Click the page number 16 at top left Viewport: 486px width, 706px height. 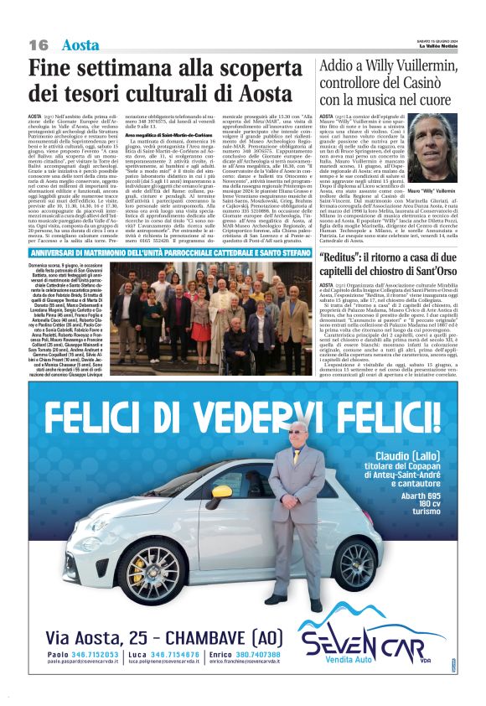pos(39,44)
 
